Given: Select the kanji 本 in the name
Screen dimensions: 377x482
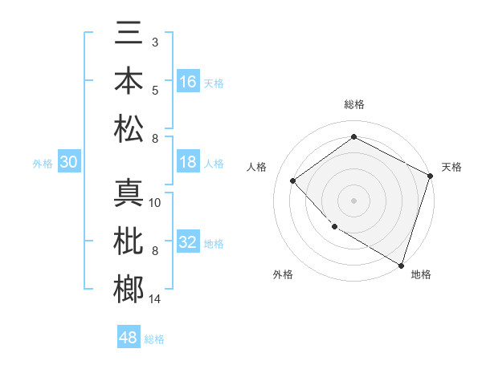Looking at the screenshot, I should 129,81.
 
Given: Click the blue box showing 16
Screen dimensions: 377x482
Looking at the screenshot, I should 188,82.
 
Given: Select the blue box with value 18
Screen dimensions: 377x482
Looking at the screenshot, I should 188,162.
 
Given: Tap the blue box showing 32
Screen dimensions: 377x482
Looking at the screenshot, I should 188,242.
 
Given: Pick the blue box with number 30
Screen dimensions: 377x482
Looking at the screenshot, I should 68,163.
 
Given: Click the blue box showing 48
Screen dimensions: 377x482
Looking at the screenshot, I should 129,338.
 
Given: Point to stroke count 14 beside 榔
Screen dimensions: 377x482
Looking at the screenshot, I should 156,299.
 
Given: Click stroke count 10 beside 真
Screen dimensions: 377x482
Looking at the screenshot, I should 156,202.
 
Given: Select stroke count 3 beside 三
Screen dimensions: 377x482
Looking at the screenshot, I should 154,41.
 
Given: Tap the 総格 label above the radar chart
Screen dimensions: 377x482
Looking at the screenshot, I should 353,104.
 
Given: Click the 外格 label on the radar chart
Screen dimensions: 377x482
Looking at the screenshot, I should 283,274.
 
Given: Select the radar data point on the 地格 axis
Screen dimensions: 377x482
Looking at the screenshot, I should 400,264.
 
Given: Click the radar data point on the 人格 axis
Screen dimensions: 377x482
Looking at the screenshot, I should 293,180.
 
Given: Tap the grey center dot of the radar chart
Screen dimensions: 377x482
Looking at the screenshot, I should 353,200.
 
